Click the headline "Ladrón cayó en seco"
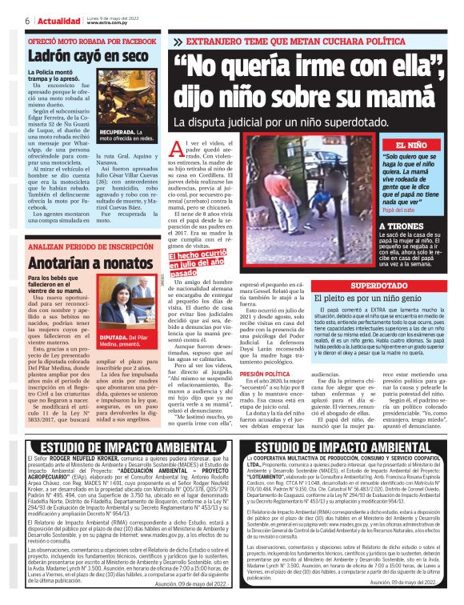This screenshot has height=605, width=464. pyautogui.click(x=89, y=56)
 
